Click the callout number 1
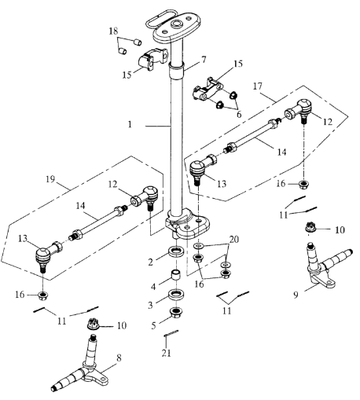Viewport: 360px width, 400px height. [130, 124]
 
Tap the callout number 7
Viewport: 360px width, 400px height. [204, 60]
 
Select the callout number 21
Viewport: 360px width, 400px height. [166, 353]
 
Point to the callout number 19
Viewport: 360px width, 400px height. [50, 179]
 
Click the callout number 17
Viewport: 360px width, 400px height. [258, 86]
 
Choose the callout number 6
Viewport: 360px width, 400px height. [239, 115]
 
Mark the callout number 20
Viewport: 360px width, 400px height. [234, 239]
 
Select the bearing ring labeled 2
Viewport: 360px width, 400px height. [176, 252]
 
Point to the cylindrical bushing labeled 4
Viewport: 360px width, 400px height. [176, 275]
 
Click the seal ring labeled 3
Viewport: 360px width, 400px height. [176, 295]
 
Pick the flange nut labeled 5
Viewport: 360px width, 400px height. [176, 312]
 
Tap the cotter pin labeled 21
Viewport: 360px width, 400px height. [171, 333]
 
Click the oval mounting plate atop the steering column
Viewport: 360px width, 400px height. [177, 28]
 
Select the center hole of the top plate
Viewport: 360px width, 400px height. [177, 25]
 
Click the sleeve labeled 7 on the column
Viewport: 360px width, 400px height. [176, 70]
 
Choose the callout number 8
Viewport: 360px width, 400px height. [119, 358]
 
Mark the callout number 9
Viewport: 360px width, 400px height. [296, 295]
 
